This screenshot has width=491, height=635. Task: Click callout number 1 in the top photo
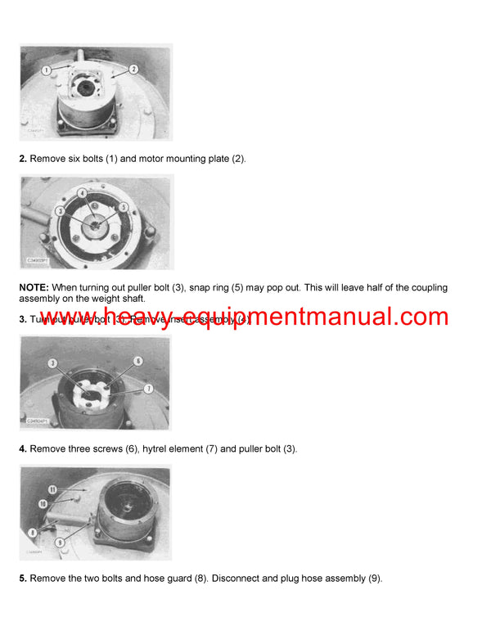47,71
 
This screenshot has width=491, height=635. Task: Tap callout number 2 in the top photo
133,70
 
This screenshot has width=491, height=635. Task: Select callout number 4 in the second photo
83,193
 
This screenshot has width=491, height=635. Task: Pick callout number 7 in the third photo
149,387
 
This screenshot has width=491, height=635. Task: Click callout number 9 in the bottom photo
61,542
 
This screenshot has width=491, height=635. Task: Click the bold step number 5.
23,578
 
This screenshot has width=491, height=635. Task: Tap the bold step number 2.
23,158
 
